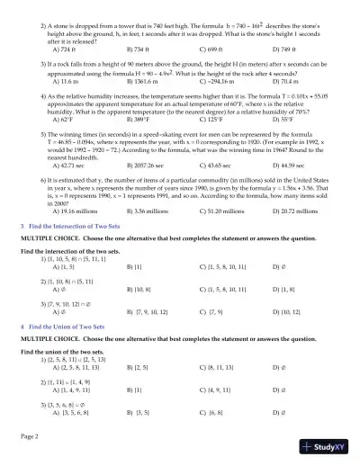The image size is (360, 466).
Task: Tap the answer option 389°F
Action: (142, 118)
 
